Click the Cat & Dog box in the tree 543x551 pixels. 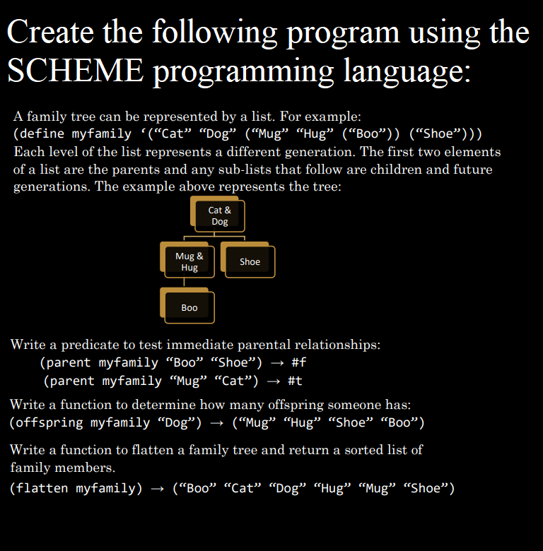click(x=219, y=215)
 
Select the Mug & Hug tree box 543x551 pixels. click(x=189, y=261)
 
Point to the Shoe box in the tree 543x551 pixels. click(x=250, y=261)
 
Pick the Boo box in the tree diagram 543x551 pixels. click(x=189, y=307)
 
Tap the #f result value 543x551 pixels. click(x=298, y=363)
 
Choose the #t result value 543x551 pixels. click(x=295, y=381)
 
